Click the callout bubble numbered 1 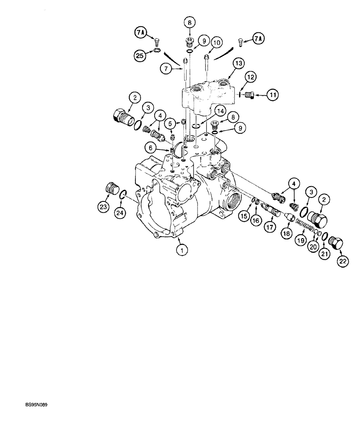click(182, 250)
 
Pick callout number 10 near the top click(217, 43)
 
